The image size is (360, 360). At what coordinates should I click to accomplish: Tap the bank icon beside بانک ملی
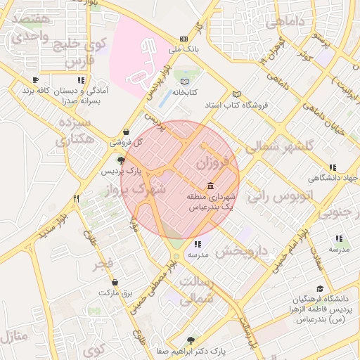(x=184, y=39)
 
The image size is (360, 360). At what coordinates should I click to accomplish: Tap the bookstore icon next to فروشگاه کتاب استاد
(x=236, y=94)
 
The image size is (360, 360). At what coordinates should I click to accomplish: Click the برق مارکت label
(x=116, y=292)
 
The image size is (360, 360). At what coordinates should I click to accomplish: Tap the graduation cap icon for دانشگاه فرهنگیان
(x=320, y=288)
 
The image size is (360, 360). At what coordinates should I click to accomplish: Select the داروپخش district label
(x=242, y=250)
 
